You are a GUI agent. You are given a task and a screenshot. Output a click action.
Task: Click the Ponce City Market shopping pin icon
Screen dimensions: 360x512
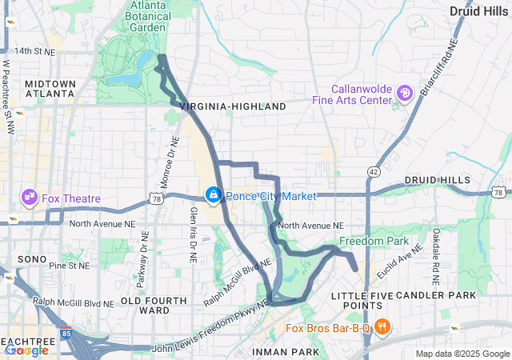point(214,195)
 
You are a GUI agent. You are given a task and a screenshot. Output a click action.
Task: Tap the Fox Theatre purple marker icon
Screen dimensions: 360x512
point(30,196)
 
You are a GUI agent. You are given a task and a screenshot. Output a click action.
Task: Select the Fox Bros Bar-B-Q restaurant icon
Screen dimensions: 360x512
point(382,326)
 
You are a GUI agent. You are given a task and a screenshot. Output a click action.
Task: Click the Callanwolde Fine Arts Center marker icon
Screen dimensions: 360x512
point(405,94)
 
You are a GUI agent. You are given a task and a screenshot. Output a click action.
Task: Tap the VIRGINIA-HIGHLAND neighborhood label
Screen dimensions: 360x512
point(233,106)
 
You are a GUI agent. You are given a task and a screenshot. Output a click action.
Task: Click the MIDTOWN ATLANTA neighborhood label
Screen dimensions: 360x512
point(50,89)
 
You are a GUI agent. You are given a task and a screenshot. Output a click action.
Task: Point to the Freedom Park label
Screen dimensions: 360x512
point(374,241)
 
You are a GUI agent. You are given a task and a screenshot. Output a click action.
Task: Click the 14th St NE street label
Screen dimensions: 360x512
point(39,51)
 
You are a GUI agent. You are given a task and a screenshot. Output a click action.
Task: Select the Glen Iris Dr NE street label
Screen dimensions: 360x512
point(193,233)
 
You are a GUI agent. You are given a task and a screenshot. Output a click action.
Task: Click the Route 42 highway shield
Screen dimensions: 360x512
point(374,171)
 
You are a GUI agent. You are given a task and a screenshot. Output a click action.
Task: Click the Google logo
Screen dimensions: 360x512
point(26,350)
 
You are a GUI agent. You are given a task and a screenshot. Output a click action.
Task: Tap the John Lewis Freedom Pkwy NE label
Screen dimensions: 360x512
point(210,334)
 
